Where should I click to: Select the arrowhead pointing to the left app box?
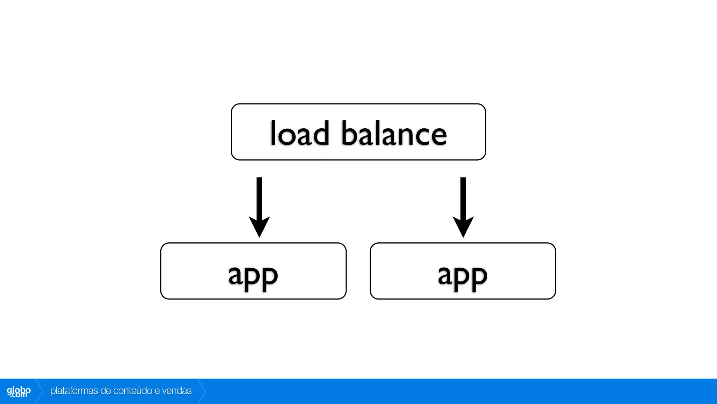[259, 226]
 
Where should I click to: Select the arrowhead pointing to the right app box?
[463, 226]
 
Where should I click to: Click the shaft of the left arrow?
[259, 196]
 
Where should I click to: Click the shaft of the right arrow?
[463, 196]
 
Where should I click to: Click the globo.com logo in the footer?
[19, 391]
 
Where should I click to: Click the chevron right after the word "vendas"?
[202, 391]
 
